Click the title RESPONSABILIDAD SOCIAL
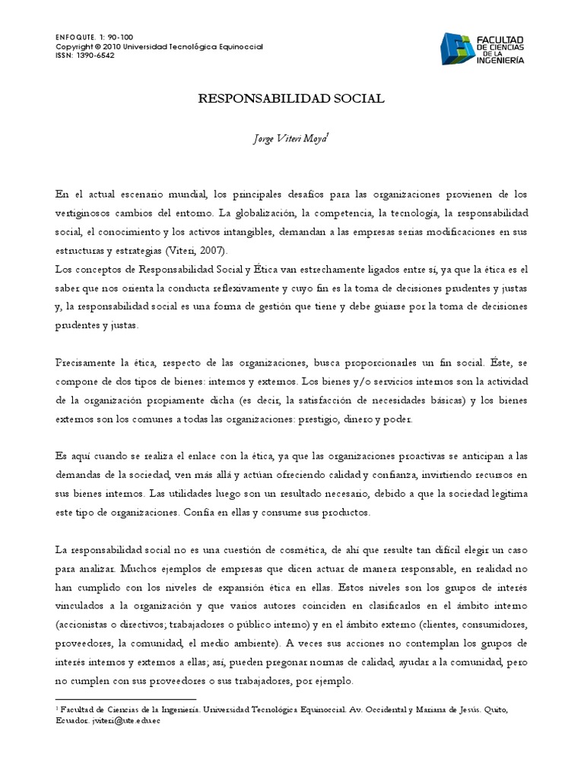tap(291, 99)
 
